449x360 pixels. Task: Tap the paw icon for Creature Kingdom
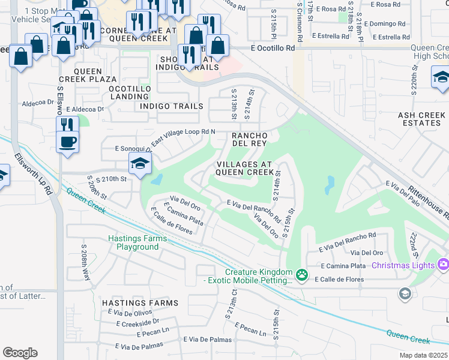point(302,275)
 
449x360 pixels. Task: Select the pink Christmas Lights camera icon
point(443,264)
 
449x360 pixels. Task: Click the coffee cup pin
point(67,143)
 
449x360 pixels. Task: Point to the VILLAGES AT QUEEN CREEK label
point(244,168)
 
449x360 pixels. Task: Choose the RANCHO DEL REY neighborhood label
point(249,140)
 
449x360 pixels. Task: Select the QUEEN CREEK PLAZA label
point(87,79)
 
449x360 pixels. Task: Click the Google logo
point(20,353)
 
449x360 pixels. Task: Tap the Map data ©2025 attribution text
point(423,355)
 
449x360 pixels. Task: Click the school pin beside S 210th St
point(140,164)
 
